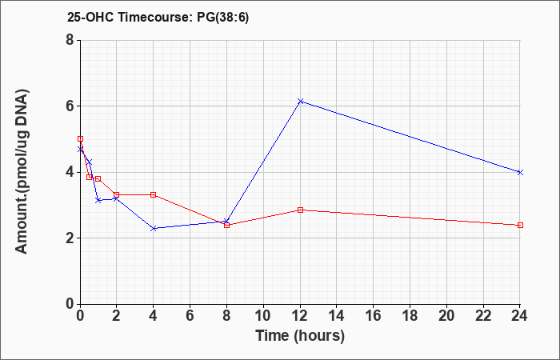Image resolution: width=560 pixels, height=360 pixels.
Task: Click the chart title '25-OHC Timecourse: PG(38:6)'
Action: point(158,18)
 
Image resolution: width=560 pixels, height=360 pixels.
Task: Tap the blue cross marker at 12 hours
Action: point(300,102)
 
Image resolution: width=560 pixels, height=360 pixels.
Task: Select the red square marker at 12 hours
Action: point(300,210)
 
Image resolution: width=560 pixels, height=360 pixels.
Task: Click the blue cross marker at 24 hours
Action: point(520,172)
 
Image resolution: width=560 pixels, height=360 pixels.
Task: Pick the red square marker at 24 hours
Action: point(520,226)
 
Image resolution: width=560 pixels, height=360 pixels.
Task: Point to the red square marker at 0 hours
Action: point(80,139)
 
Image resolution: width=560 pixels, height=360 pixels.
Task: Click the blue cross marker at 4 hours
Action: point(154,228)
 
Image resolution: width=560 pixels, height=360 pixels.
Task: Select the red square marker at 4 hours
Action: point(154,194)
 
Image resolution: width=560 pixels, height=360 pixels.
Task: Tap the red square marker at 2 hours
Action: point(117,194)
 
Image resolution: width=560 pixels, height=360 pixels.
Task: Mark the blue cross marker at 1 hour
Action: point(98,200)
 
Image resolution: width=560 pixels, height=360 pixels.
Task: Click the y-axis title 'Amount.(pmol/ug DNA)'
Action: point(22,171)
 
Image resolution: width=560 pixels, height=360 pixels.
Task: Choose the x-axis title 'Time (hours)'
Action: point(300,336)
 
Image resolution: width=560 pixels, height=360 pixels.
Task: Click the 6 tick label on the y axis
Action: point(70,106)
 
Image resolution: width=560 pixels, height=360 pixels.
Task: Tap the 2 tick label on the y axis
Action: point(70,238)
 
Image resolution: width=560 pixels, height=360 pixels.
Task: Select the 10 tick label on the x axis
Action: point(263,316)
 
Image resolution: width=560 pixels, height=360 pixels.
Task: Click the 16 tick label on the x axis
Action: point(374,316)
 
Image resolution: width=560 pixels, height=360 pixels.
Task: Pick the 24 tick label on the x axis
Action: point(520,316)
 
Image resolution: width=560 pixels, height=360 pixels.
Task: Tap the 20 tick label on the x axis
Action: point(446,316)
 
